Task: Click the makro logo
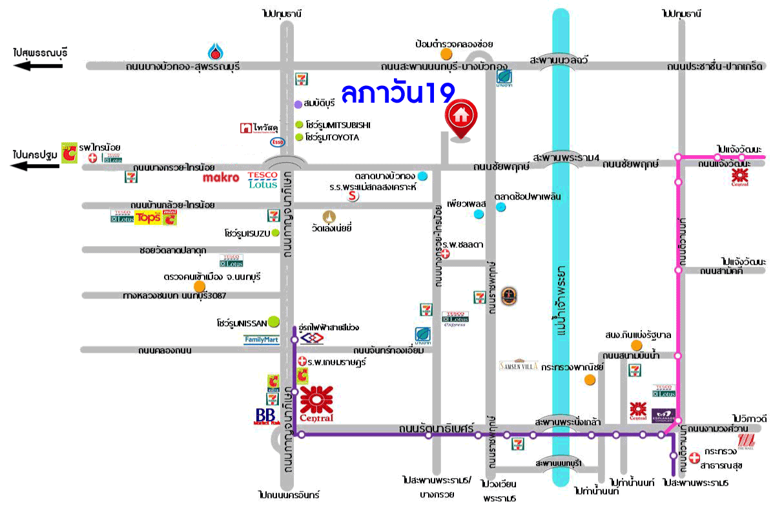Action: coord(221,177)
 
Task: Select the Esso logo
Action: coord(277,142)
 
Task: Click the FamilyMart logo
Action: coord(262,340)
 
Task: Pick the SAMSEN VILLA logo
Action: coord(519,364)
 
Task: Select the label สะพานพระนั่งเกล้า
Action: coord(568,422)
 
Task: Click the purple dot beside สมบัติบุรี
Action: coord(298,104)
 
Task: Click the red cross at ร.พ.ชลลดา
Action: coord(444,255)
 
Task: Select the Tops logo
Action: coord(147,218)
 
